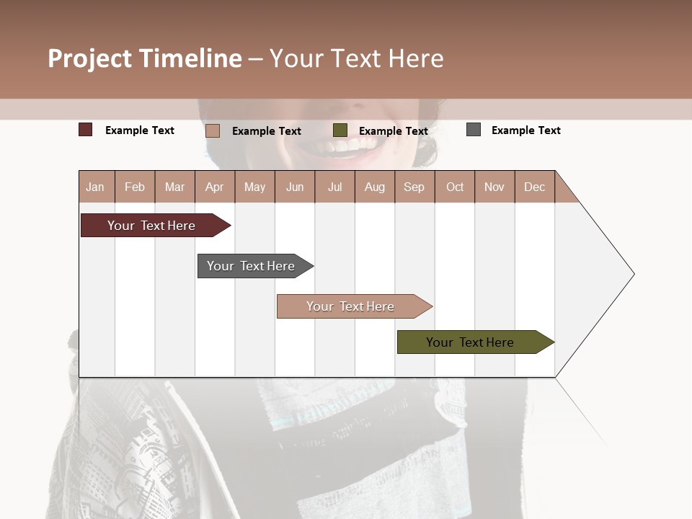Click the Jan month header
95,187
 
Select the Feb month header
135,187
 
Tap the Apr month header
214,187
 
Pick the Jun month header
295,187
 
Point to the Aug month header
374,187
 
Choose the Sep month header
414,187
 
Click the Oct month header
455,187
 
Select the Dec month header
534,187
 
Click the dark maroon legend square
86,130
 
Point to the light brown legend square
213,130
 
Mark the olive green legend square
340,130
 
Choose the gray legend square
474,130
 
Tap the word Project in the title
91,58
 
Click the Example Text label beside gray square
525,130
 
